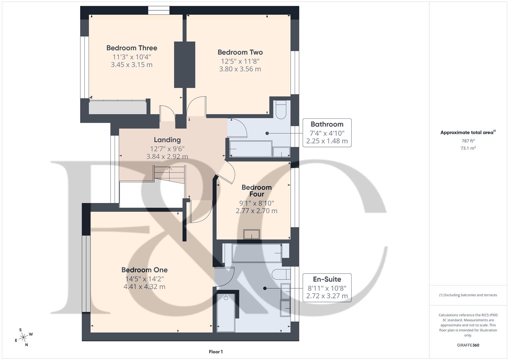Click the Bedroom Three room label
click(132, 48)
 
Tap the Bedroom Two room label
click(240, 52)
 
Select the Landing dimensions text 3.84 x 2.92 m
click(167, 156)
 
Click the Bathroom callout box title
click(327, 124)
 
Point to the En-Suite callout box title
click(327, 279)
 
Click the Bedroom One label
click(144, 270)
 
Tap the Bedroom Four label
click(256, 191)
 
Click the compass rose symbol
click(23, 337)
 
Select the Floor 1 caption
click(216, 352)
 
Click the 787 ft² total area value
click(468, 141)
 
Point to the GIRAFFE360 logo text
click(468, 345)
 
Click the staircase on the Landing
click(169, 175)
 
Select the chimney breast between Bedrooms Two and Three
click(185, 65)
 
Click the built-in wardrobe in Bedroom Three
click(118, 107)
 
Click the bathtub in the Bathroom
click(250, 149)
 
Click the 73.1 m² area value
click(468, 148)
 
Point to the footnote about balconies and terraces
click(468, 295)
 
